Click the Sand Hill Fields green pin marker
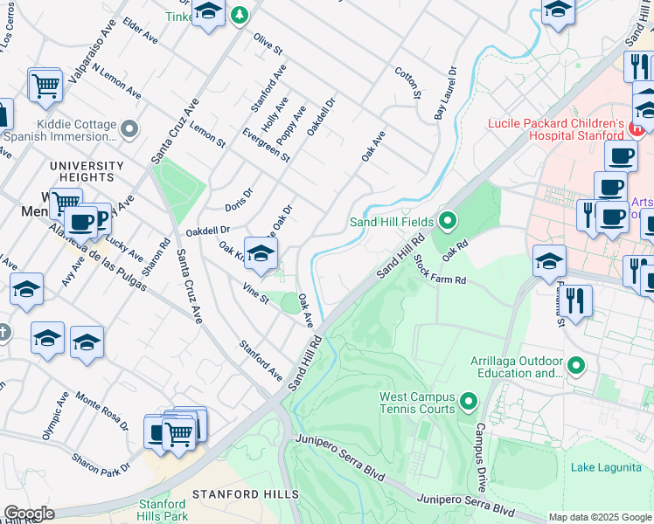pos(449,220)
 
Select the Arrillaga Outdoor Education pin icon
pos(576,365)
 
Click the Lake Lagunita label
pos(606,467)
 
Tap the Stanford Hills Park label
pos(163,510)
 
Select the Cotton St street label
pos(407,83)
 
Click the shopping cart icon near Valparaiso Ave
pos(45,86)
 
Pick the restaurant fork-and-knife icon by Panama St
pos(575,301)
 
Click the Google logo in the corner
pos(29,514)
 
